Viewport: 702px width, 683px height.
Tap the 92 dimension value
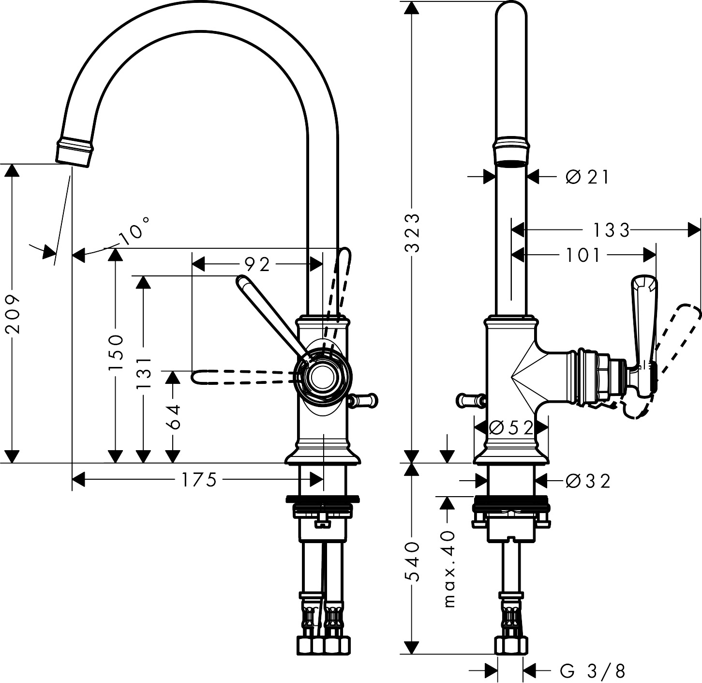pyautogui.click(x=257, y=264)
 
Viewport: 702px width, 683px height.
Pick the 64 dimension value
pyautogui.click(x=172, y=417)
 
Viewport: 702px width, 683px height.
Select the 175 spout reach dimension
pyautogui.click(x=198, y=480)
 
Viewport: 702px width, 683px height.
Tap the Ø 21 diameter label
pyautogui.click(x=587, y=177)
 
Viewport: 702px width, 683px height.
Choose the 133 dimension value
pyautogui.click(x=611, y=230)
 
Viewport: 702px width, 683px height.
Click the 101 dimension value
pyautogui.click(x=583, y=255)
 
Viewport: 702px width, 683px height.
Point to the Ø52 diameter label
pyautogui.click(x=511, y=427)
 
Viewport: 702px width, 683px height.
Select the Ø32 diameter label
pyautogui.click(x=588, y=481)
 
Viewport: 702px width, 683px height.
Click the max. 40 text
pyautogui.click(x=449, y=569)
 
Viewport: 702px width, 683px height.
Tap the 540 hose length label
pyautogui.click(x=412, y=562)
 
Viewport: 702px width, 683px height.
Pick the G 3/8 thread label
pyautogui.click(x=593, y=671)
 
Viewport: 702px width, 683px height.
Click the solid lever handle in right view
pyautogui.click(x=642, y=329)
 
